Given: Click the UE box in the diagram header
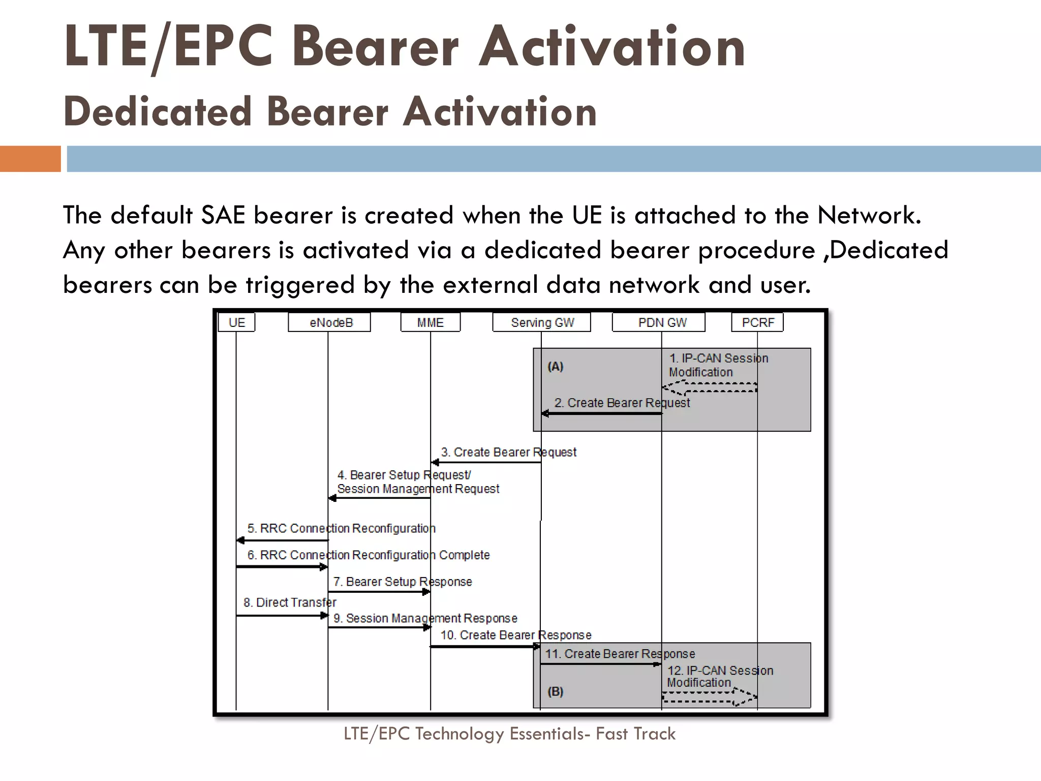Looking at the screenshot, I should [236, 323].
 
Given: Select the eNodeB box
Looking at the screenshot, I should [329, 323].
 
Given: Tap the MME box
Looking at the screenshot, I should [431, 323].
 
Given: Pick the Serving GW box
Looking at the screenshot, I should [542, 323].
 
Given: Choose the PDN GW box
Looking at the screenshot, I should [659, 323].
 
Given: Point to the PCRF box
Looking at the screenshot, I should [757, 323].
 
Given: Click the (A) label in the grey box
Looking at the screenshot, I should [556, 367].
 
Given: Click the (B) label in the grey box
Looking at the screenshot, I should [556, 692].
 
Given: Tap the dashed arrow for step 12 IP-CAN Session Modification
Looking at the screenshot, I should [710, 697].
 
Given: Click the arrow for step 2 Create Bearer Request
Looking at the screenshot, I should [602, 413].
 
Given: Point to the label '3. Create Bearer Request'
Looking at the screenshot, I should [508, 452].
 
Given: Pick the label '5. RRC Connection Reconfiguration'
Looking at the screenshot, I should [341, 529].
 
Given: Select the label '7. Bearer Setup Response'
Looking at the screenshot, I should [402, 582].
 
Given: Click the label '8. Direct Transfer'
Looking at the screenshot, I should [290, 603].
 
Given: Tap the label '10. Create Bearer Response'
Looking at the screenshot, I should [515, 635].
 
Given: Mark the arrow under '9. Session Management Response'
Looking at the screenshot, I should [379, 627].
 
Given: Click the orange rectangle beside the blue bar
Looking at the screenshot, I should [30, 159].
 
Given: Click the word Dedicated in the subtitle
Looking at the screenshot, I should [158, 112].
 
